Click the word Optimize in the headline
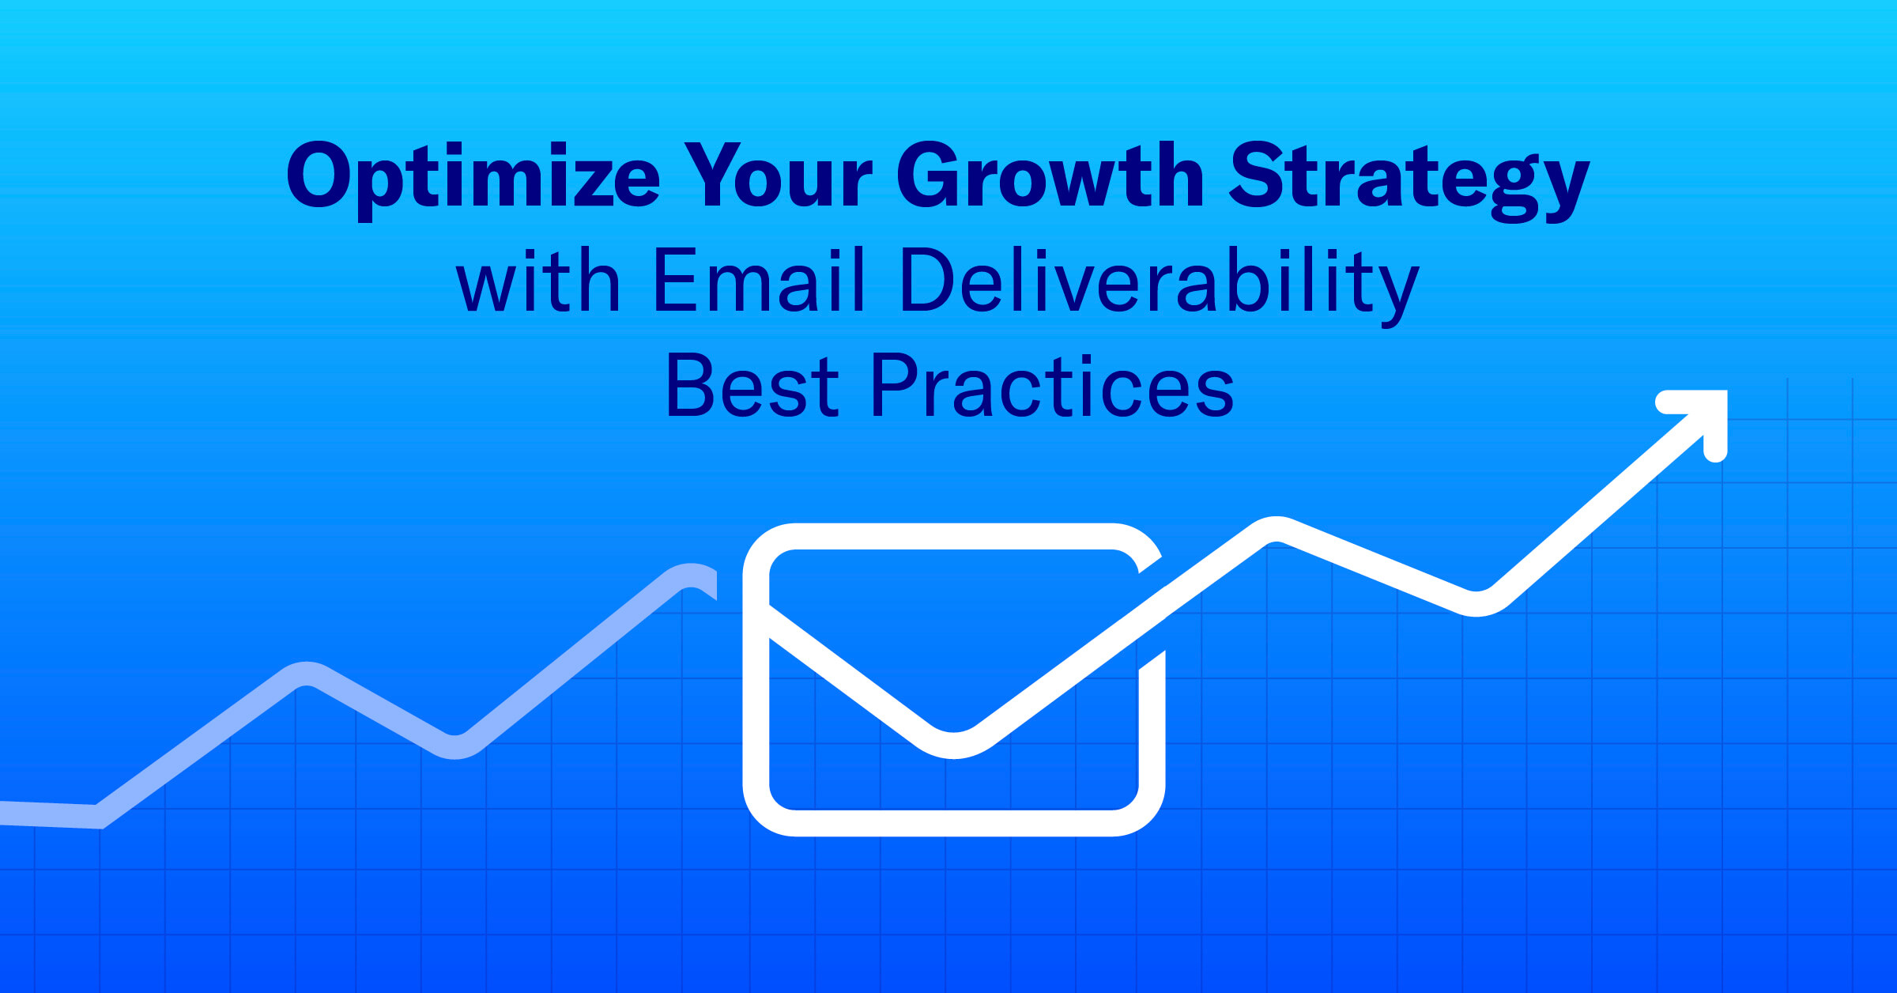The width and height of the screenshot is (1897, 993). coord(473,176)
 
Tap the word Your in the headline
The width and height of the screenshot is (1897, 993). coord(778,176)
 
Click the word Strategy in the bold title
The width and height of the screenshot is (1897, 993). coord(1409,178)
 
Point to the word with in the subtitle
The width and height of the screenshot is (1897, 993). coord(538,281)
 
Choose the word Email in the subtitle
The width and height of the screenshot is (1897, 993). coord(760,281)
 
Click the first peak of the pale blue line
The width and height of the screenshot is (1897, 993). coord(307,674)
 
